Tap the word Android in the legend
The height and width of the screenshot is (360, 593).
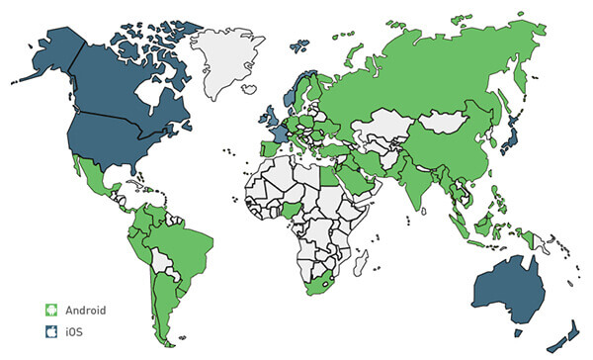coord(85,310)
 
